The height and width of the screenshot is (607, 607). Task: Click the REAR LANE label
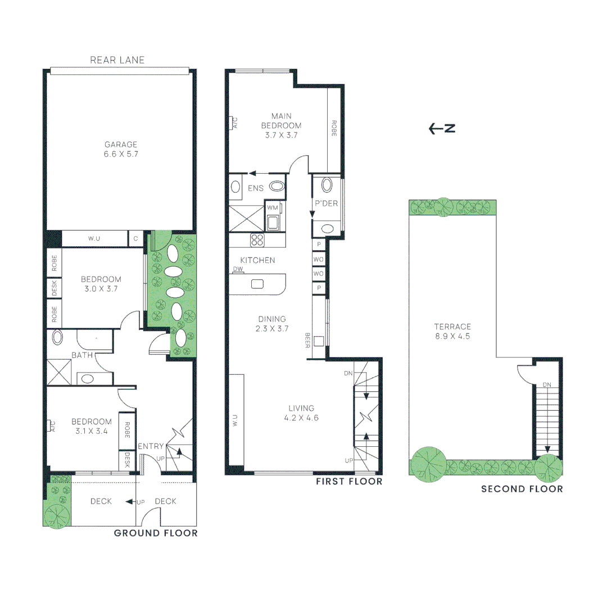tap(117, 60)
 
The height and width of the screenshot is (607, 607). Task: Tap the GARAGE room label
tap(121, 149)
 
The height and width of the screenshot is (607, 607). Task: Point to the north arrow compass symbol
tap(442, 129)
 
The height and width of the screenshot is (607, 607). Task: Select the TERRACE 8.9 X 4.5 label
tap(452, 332)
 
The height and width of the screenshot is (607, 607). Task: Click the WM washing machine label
tap(273, 208)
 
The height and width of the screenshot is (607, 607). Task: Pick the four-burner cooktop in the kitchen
tap(257, 240)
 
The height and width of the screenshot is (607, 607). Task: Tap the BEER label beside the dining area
tap(307, 340)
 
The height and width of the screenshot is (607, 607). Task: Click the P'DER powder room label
tap(326, 203)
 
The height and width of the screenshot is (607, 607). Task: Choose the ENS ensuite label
tap(256, 188)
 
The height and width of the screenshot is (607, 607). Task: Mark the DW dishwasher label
tap(238, 270)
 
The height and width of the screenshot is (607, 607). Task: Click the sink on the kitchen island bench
tap(257, 284)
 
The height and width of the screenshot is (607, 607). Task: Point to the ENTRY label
tap(151, 446)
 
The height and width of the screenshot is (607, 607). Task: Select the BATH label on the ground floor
tap(82, 355)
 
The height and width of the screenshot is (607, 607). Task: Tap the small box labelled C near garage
tap(135, 238)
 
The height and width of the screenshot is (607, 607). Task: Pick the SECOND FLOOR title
tap(522, 489)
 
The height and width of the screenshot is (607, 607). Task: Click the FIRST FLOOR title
tap(348, 482)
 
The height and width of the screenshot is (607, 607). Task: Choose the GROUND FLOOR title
tap(156, 533)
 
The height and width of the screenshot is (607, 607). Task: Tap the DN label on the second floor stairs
tap(547, 385)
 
